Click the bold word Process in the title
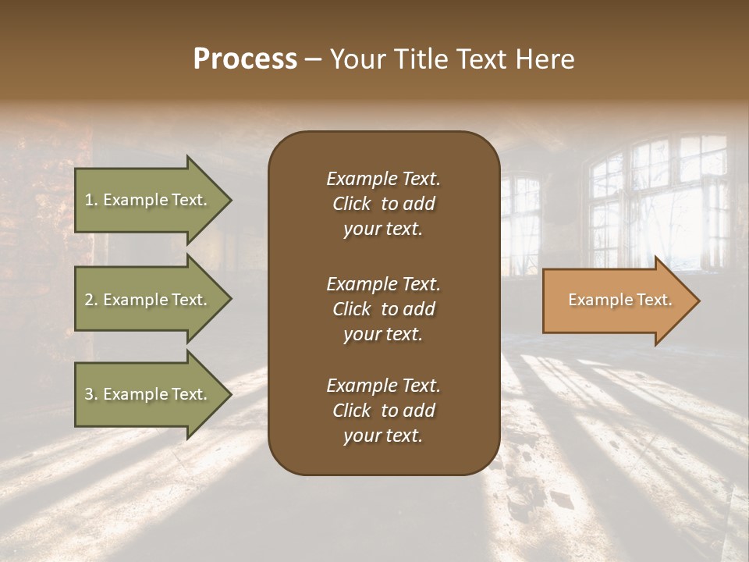click(x=245, y=59)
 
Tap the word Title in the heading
click(x=419, y=59)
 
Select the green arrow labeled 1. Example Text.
click(x=148, y=200)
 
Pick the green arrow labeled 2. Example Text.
click(x=148, y=300)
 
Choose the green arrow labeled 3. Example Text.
click(x=148, y=394)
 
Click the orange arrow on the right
click(x=616, y=301)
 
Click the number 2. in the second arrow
click(x=91, y=300)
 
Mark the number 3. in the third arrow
click(x=91, y=394)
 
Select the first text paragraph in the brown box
click(x=383, y=204)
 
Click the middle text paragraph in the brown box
click(x=383, y=309)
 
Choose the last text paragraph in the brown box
click(x=383, y=411)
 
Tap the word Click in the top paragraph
click(x=351, y=204)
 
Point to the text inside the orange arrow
click(x=619, y=300)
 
